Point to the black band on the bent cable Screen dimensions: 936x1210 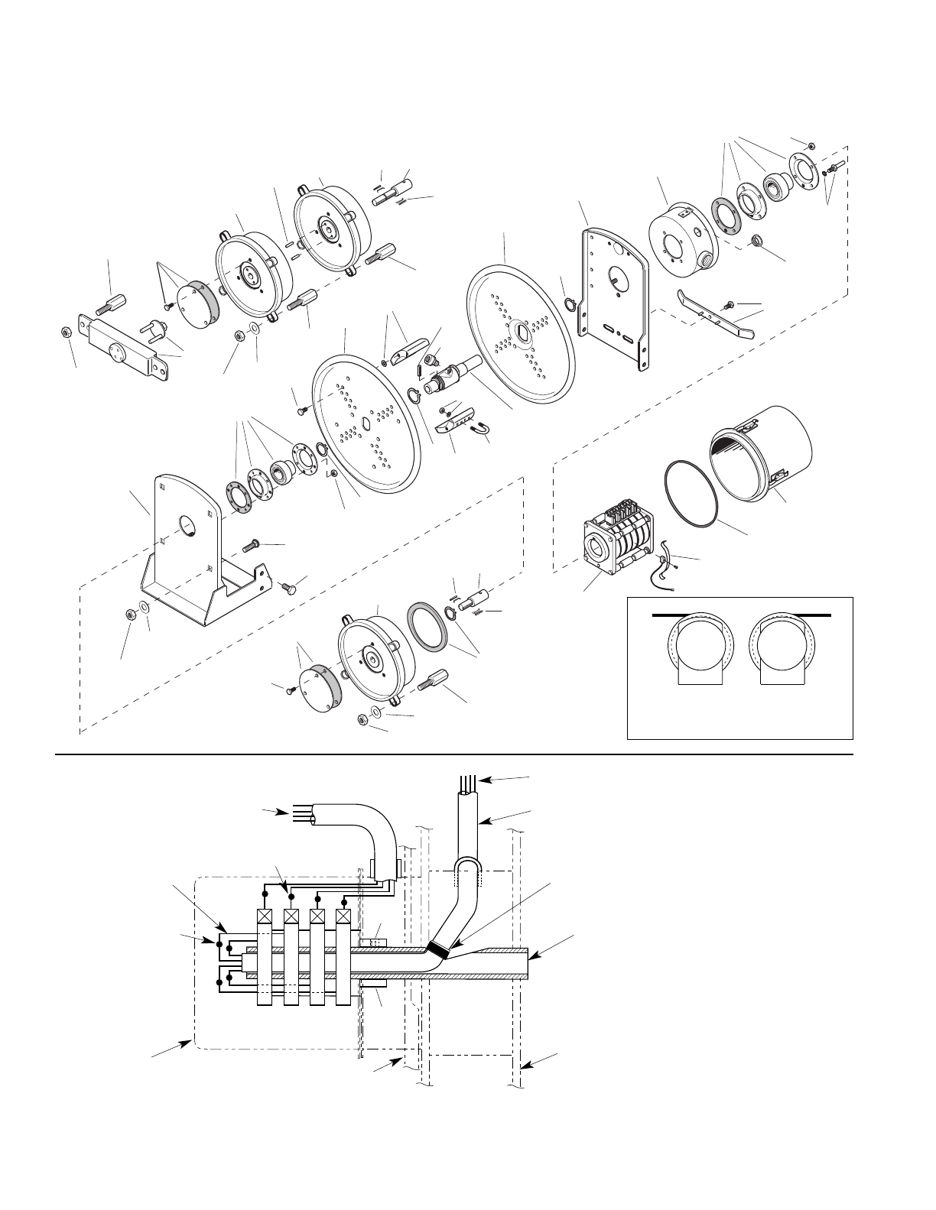(438, 949)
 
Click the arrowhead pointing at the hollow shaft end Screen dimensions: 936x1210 (534, 955)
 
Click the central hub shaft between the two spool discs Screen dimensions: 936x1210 (447, 375)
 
